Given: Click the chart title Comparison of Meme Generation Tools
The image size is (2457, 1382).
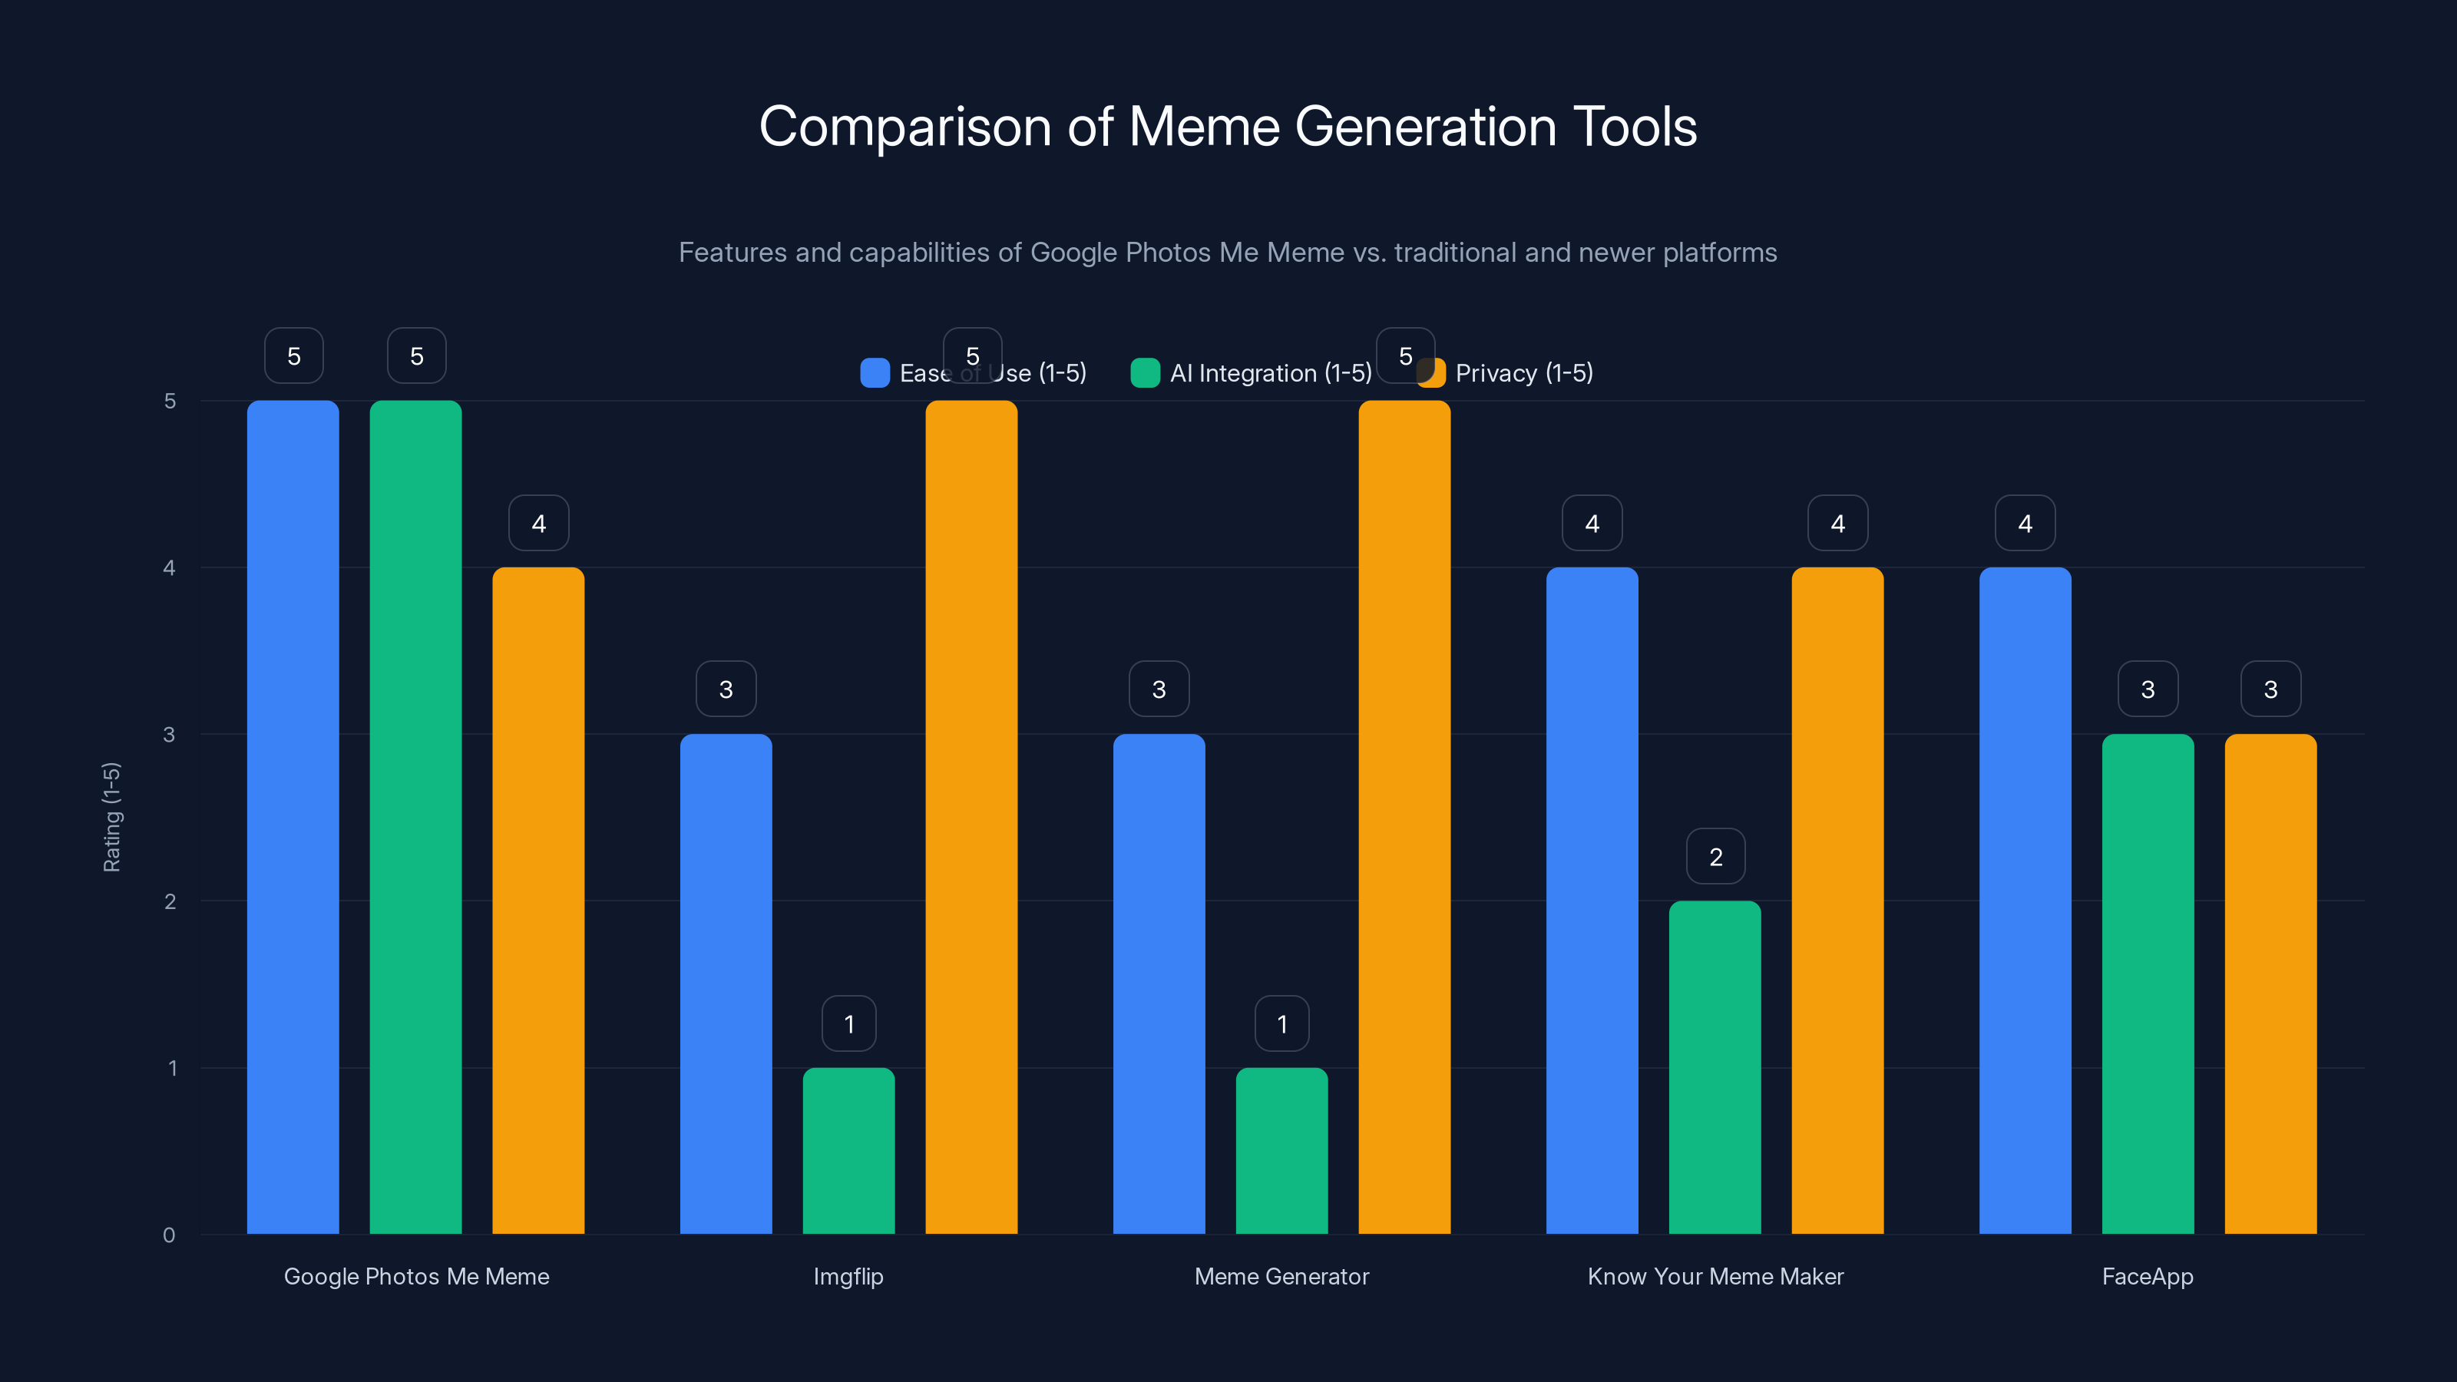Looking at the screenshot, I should (1228, 127).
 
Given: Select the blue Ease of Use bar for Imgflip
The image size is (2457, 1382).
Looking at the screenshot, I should (726, 983).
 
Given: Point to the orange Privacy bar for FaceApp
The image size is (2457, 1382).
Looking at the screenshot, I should (2270, 983).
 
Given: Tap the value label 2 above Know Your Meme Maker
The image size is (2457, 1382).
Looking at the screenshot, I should (1716, 857).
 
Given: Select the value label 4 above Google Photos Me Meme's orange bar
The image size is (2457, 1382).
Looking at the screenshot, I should (539, 523).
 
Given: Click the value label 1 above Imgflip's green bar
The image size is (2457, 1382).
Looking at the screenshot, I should (849, 1023).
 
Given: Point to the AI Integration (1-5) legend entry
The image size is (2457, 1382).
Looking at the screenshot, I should (1252, 373).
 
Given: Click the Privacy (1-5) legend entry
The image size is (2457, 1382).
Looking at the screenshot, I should (1507, 373).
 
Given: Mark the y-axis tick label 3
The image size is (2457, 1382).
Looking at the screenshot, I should (169, 735).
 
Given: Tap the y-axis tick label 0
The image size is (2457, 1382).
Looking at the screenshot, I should (169, 1235).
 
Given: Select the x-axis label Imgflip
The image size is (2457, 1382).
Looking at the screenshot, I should (848, 1276).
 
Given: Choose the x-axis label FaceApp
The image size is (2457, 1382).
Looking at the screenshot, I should (2147, 1276).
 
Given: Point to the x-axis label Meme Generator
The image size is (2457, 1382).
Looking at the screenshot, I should (1281, 1276).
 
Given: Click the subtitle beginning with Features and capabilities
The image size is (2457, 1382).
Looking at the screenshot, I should (1228, 252).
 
